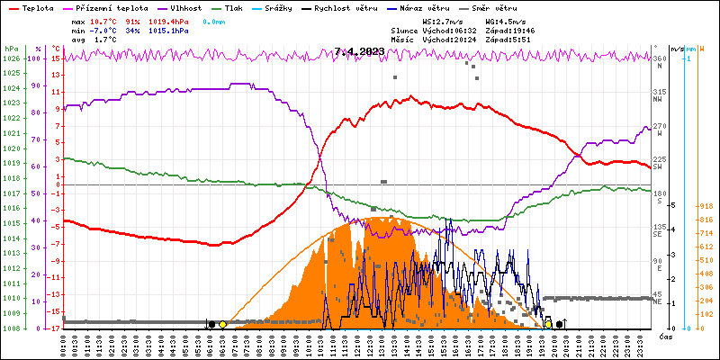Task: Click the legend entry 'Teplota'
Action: [37, 7]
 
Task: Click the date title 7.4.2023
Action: [359, 51]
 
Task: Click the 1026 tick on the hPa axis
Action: [11, 58]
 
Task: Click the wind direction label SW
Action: [658, 167]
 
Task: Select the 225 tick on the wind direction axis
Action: [659, 159]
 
